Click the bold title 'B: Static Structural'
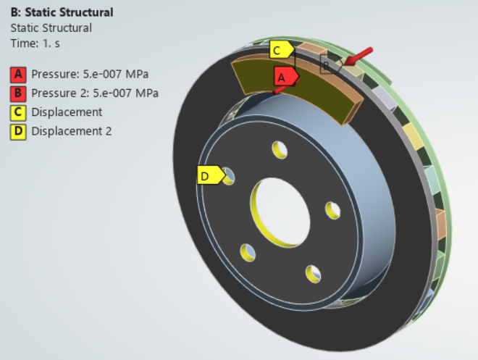click(62, 13)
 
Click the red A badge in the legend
click(18, 74)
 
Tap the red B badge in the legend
click(18, 93)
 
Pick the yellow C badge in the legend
click(18, 112)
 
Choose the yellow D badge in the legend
click(18, 131)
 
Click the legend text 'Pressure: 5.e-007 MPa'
click(90, 74)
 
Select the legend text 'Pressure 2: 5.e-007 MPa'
click(95, 93)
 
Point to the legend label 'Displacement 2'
click(71, 131)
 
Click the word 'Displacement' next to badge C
click(67, 112)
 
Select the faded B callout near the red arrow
click(328, 66)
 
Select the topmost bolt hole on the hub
click(280, 148)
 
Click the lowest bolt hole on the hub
click(313, 273)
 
